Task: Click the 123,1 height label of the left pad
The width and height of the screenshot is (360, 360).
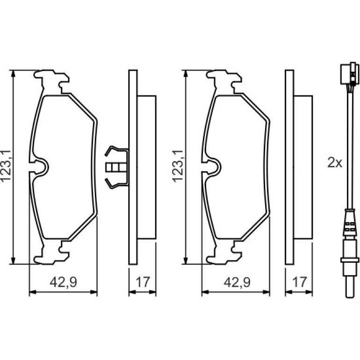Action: pos(6,166)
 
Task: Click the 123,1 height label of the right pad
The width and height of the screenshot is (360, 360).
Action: pos(178,166)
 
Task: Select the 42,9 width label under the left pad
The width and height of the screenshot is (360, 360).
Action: pos(64,282)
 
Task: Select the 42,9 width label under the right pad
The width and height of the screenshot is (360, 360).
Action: pos(237,282)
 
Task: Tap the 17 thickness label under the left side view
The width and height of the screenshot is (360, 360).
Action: pos(143,282)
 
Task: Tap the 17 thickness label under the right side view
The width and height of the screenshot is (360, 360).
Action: pos(300,282)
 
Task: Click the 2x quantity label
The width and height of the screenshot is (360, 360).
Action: pos(334,163)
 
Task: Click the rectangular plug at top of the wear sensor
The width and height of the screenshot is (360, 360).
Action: pos(349,73)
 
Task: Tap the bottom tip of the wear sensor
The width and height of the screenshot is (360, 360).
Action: pos(350,297)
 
